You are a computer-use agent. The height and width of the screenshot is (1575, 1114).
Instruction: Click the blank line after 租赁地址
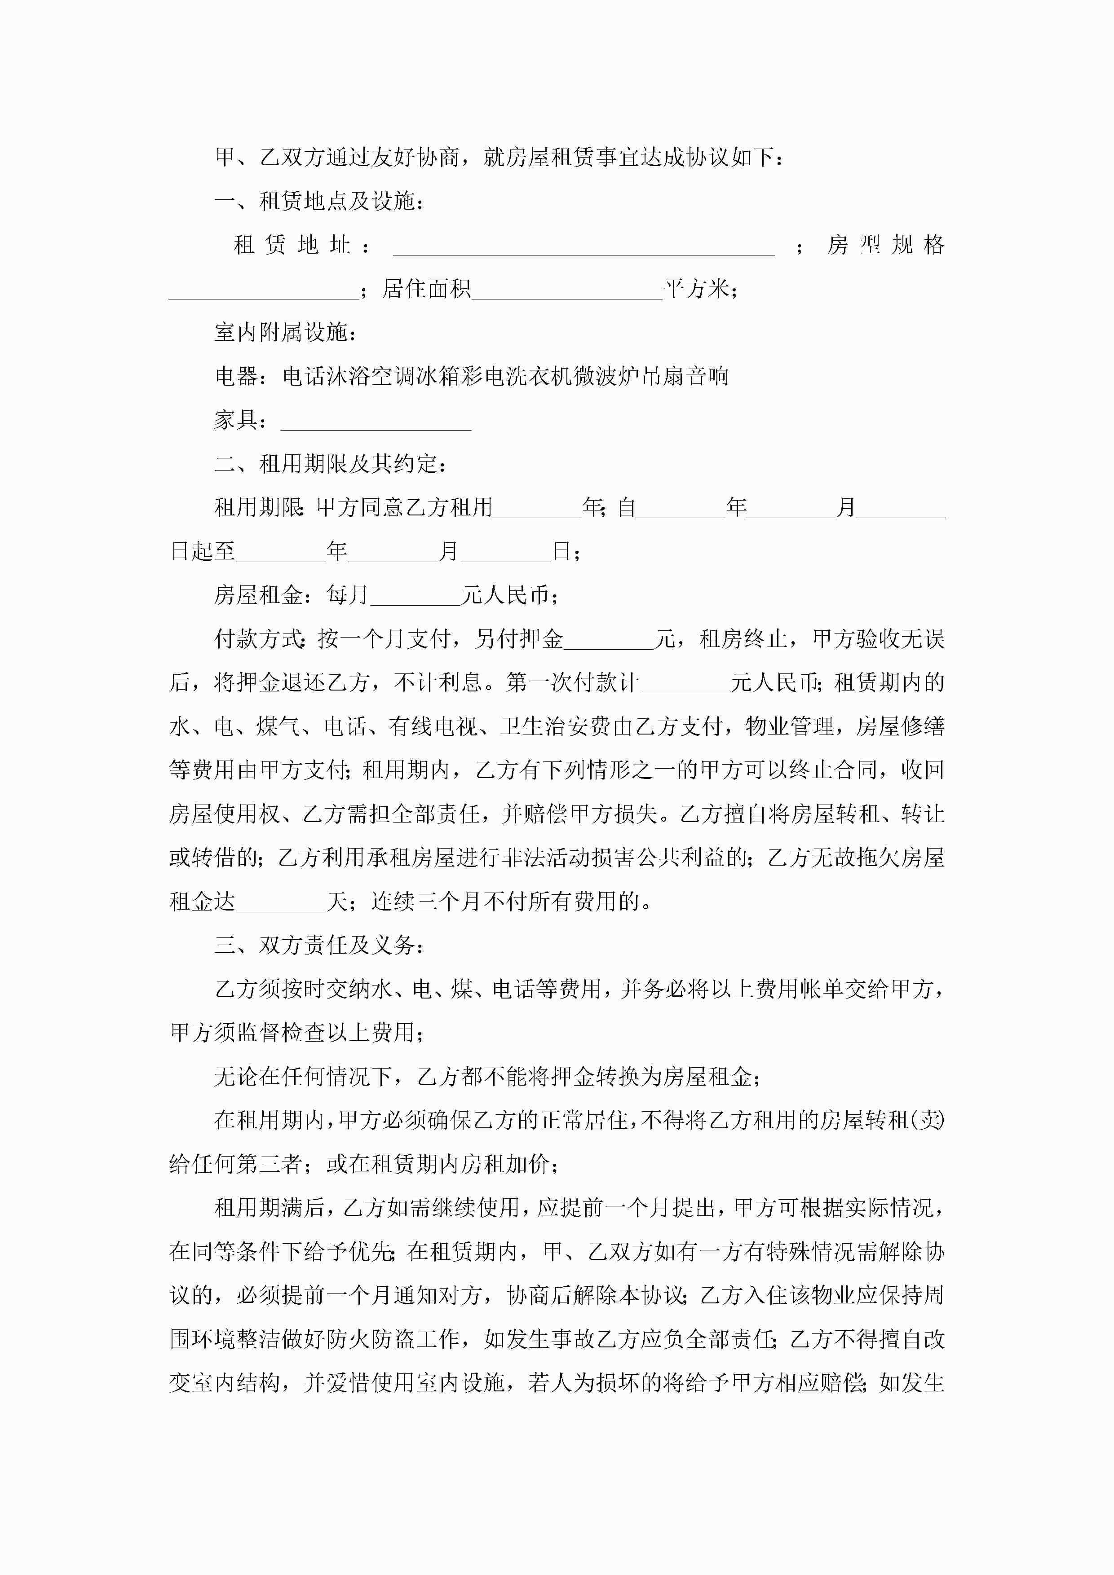(x=584, y=247)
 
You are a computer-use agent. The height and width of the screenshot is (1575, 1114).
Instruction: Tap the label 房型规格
(x=885, y=245)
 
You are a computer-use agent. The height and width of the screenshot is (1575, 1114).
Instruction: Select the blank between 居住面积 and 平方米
(x=567, y=291)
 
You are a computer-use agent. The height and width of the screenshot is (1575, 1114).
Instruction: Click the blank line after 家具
(x=376, y=422)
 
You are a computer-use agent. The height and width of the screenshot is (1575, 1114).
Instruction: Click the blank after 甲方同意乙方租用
(x=537, y=510)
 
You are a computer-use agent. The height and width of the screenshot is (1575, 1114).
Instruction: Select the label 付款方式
(x=258, y=639)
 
